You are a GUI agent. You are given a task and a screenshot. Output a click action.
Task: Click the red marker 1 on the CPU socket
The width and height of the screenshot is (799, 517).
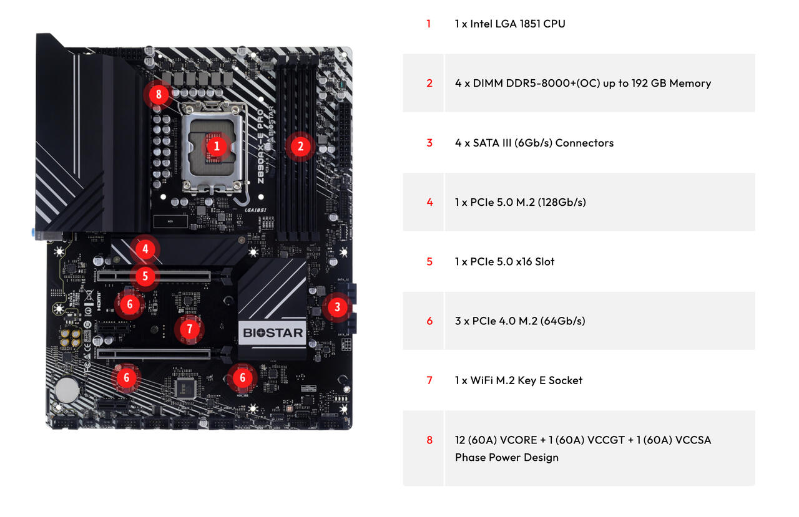pyautogui.click(x=217, y=146)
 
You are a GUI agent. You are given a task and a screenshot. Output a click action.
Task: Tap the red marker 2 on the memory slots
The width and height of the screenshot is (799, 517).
pyautogui.click(x=300, y=147)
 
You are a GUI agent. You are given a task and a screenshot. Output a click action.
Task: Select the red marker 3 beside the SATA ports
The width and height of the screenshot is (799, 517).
pyautogui.click(x=337, y=307)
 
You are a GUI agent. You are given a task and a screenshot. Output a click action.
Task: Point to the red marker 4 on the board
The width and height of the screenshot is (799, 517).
pyautogui.click(x=145, y=249)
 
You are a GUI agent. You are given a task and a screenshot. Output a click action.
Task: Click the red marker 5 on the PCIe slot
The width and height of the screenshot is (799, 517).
pyautogui.click(x=145, y=276)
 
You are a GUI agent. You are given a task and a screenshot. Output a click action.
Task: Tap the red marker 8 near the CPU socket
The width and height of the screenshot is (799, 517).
pyautogui.click(x=159, y=95)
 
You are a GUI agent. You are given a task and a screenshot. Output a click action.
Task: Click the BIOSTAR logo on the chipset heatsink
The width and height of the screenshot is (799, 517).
pyautogui.click(x=273, y=332)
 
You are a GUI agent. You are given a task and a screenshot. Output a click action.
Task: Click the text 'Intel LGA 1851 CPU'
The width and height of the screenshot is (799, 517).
pyautogui.click(x=510, y=24)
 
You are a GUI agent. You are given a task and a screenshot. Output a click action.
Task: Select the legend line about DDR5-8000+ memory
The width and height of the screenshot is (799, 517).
pyautogui.click(x=582, y=83)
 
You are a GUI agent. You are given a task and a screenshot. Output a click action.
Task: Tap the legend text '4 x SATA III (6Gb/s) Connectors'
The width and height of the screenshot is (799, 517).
pyautogui.click(x=534, y=143)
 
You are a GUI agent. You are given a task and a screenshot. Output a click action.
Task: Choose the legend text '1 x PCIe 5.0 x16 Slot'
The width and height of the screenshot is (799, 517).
pyautogui.click(x=504, y=261)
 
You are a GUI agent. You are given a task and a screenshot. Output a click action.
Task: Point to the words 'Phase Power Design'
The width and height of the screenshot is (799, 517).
pyautogui.click(x=506, y=457)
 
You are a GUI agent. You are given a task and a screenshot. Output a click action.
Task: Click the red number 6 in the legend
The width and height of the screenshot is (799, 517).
pyautogui.click(x=429, y=321)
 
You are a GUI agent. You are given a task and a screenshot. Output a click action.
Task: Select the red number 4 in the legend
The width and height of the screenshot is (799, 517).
pyautogui.click(x=429, y=202)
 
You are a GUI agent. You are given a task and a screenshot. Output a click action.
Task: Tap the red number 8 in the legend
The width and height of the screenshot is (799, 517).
pyautogui.click(x=429, y=440)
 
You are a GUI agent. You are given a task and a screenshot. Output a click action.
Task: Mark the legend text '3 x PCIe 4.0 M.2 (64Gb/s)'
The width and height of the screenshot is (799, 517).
pyautogui.click(x=520, y=321)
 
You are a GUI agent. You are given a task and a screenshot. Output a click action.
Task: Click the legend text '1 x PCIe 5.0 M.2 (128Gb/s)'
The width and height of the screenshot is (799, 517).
pyautogui.click(x=520, y=202)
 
